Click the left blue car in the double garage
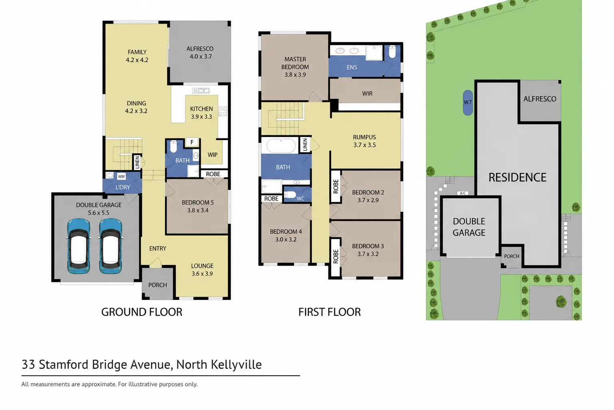[x=79, y=246]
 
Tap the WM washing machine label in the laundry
[x=122, y=177]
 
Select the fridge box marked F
[x=192, y=142]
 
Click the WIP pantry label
[x=212, y=155]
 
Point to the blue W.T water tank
[x=468, y=102]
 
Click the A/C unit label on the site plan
[x=462, y=193]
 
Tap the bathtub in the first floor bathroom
[x=281, y=145]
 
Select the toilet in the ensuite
[x=392, y=52]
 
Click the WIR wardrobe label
[x=367, y=94]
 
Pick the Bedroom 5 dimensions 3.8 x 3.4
[x=198, y=210]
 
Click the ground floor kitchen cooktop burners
[x=223, y=111]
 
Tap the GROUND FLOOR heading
[x=142, y=312]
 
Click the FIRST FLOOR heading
[x=329, y=312]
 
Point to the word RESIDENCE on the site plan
[x=518, y=177]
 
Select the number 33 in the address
[x=28, y=365]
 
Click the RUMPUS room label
[x=364, y=137]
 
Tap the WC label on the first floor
[x=301, y=199]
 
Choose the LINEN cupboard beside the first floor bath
[x=305, y=145]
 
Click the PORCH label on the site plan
[x=512, y=256]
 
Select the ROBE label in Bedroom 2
[x=336, y=187]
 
